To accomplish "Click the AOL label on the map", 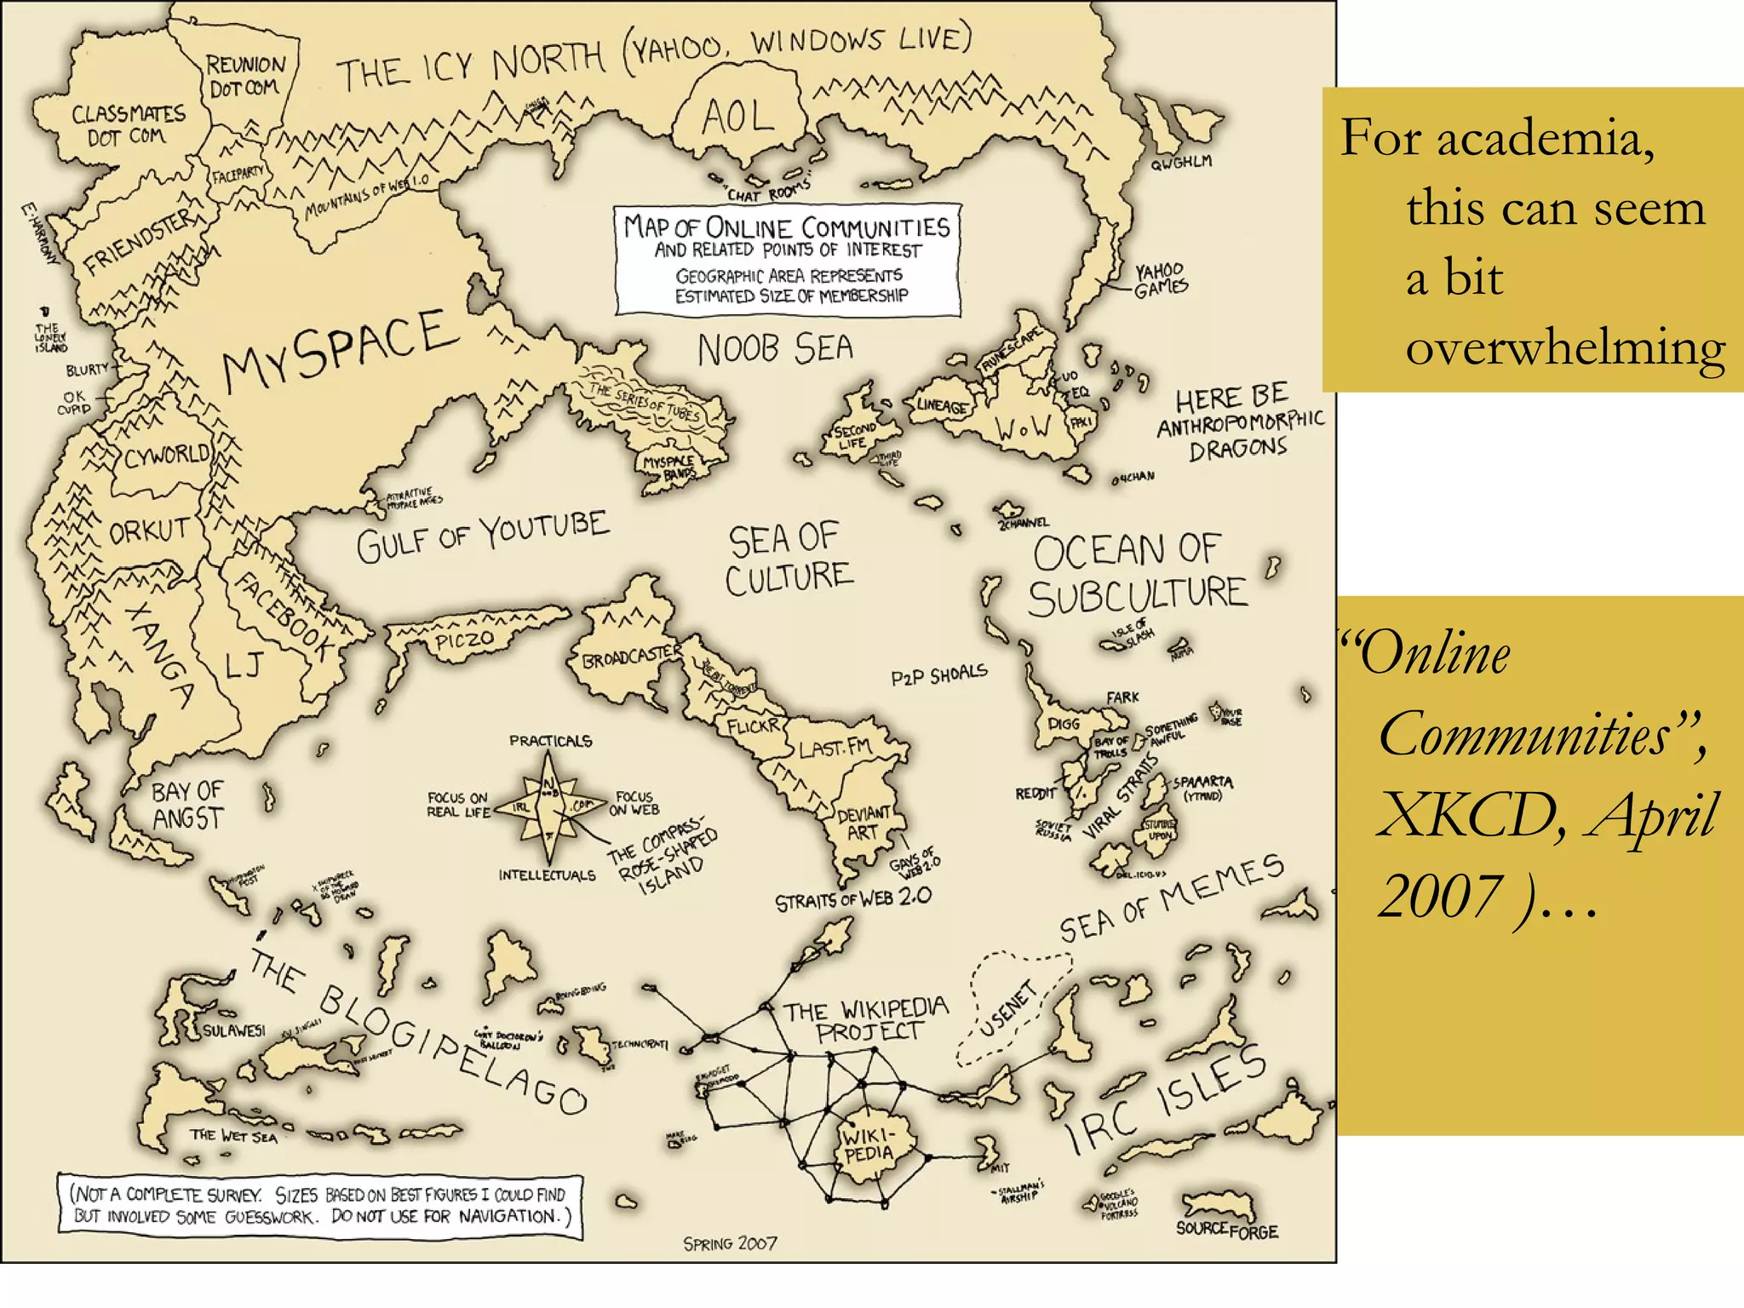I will [x=737, y=118].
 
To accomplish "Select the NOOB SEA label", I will [x=775, y=349].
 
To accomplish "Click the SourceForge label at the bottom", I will [x=1226, y=1230].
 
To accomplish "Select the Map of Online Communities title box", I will [x=788, y=259].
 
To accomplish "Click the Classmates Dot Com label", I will [x=128, y=125].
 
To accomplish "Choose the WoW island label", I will [x=1024, y=428].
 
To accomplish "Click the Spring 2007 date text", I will [x=730, y=1243].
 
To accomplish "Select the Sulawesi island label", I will [x=233, y=1030].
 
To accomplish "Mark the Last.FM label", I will [x=835, y=748].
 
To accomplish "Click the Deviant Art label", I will [x=863, y=823].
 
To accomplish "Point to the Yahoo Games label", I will [x=1160, y=279].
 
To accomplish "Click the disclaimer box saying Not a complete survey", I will [x=319, y=1204].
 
